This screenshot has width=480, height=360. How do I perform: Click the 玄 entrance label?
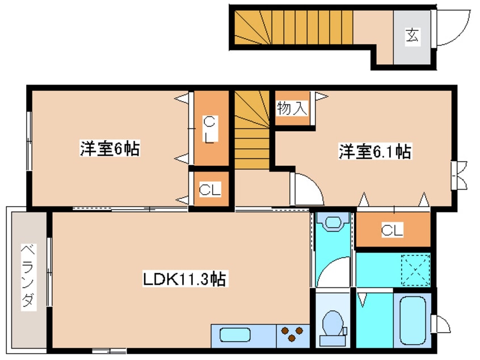coord(412,36)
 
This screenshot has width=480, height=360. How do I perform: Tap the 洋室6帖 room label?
coord(110,149)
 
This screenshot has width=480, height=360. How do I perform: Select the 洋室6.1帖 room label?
coord(375,152)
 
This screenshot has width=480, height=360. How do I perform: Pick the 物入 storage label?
coord(292,108)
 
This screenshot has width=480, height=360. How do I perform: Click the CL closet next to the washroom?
coord(392,230)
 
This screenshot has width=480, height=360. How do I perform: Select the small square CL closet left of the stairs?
coord(209,190)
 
